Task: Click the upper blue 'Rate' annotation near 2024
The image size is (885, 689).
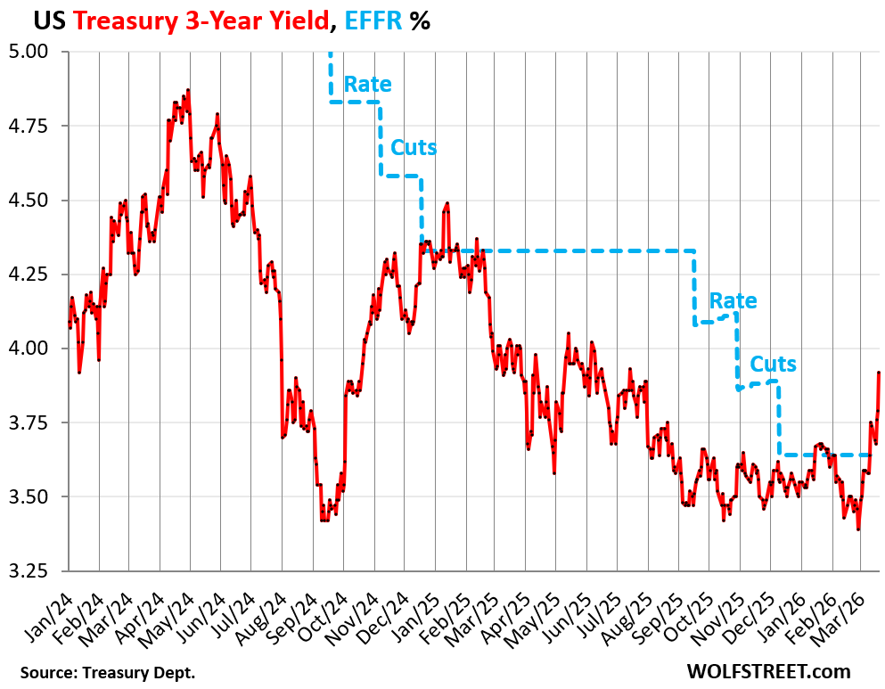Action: coord(367,85)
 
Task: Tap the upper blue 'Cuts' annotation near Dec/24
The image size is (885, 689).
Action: coord(414,147)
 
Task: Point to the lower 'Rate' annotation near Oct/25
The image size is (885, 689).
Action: coord(733,301)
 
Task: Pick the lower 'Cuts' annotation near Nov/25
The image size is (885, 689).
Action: coord(773,364)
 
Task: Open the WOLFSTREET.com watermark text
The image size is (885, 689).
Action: coord(768,671)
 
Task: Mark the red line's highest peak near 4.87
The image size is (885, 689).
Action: coord(188,90)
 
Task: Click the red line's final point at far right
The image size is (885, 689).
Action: coord(879,373)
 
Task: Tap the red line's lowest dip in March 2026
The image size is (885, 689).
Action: coord(858,529)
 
